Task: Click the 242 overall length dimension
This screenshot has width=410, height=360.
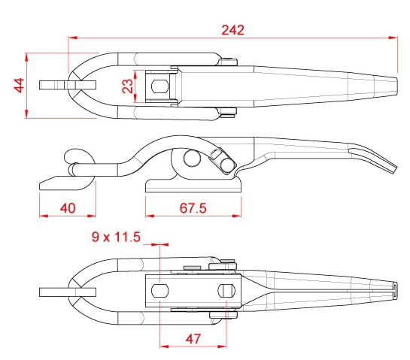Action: (232, 30)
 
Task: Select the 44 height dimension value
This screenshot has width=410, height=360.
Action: (19, 86)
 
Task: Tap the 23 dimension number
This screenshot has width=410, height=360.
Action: (128, 86)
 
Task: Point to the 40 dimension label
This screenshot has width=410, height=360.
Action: (68, 208)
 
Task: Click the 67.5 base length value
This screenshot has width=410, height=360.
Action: (193, 208)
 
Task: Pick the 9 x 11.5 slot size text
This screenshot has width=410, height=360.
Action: (116, 237)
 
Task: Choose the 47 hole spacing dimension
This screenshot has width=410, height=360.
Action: (193, 339)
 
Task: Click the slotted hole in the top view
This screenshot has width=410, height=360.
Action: (159, 86)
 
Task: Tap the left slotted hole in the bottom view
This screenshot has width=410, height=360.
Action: (159, 291)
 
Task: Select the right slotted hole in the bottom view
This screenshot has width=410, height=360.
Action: (226, 291)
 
